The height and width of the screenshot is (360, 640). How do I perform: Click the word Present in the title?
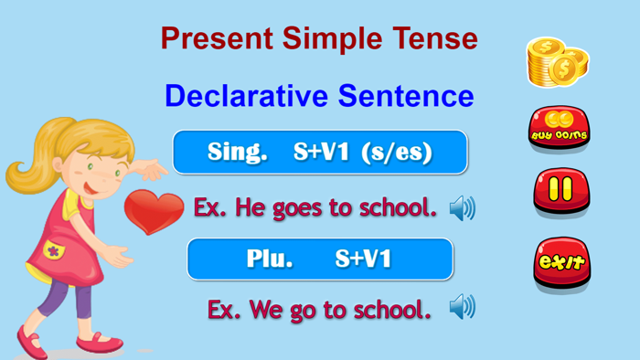[x=216, y=38]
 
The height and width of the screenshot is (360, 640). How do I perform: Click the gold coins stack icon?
[x=557, y=61]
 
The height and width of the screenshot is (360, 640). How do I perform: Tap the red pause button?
[x=561, y=190]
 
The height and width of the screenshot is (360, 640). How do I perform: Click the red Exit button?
[x=561, y=262]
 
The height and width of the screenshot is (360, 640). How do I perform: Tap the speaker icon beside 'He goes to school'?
[x=463, y=209]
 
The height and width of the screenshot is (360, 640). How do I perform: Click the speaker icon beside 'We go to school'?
[x=463, y=308]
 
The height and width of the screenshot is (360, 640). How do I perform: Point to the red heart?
[x=154, y=211]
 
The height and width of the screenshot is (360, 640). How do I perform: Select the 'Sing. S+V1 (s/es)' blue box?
[x=320, y=153]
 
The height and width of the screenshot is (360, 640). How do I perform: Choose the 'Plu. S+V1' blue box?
[x=320, y=259]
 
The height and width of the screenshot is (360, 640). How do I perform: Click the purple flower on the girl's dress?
[x=52, y=249]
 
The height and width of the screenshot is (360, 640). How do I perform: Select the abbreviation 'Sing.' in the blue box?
[x=237, y=153]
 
